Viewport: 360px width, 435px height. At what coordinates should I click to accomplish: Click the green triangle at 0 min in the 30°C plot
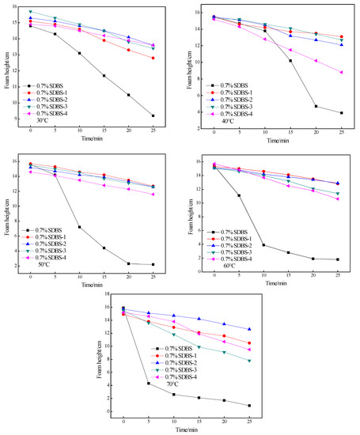click(x=30, y=12)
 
